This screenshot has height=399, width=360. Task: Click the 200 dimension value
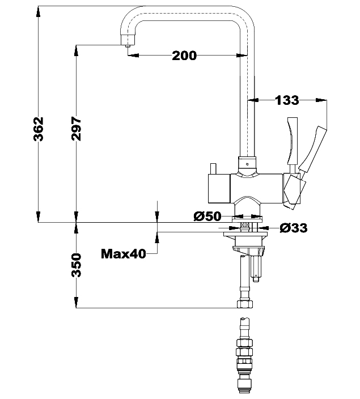point(184,56)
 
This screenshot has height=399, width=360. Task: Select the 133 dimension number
point(287,100)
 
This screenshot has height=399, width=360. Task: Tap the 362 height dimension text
point(39,129)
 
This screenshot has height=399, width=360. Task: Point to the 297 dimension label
point(76,129)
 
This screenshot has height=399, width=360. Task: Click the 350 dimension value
point(76,265)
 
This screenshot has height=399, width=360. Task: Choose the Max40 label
point(124,254)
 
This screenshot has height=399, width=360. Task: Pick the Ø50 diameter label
point(207,217)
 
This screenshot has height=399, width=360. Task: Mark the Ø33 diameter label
point(294,228)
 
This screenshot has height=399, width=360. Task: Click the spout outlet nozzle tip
point(128,46)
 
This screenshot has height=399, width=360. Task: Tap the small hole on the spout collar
point(247,164)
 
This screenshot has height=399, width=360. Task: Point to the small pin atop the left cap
point(213,169)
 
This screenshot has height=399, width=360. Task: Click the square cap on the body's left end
point(219,189)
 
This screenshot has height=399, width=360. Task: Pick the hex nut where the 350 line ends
point(245,304)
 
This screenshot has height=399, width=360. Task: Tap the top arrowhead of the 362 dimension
point(38,11)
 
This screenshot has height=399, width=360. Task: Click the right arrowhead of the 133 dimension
point(321,100)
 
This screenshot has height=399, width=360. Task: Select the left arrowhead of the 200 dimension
point(133,55)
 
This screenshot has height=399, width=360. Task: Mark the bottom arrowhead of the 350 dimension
point(76,302)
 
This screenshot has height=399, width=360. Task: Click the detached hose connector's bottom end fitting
point(245,387)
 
